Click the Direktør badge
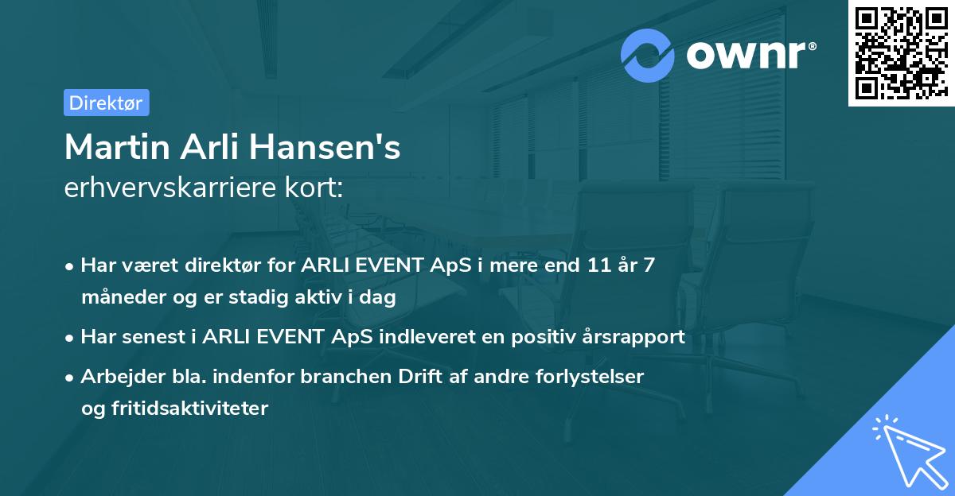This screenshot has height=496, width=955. pos(106,103)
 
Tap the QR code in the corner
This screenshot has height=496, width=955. pos(901,53)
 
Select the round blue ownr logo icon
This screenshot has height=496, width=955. pos(648,55)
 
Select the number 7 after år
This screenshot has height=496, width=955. pos(649,265)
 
